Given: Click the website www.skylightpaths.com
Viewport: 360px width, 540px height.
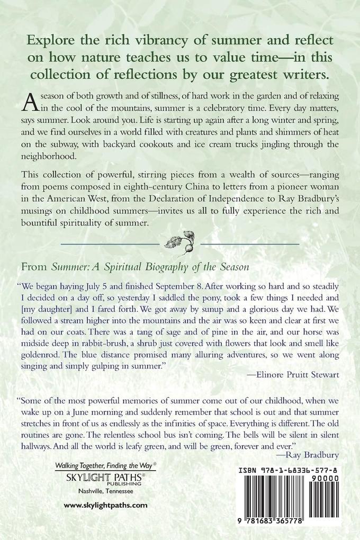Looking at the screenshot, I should pos(105,506).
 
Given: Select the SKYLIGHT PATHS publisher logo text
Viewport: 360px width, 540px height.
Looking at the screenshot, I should pos(106,475).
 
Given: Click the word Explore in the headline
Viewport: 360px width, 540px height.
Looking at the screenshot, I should pos(51,41).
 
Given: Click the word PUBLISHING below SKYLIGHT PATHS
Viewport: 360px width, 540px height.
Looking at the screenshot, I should pos(126,483).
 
